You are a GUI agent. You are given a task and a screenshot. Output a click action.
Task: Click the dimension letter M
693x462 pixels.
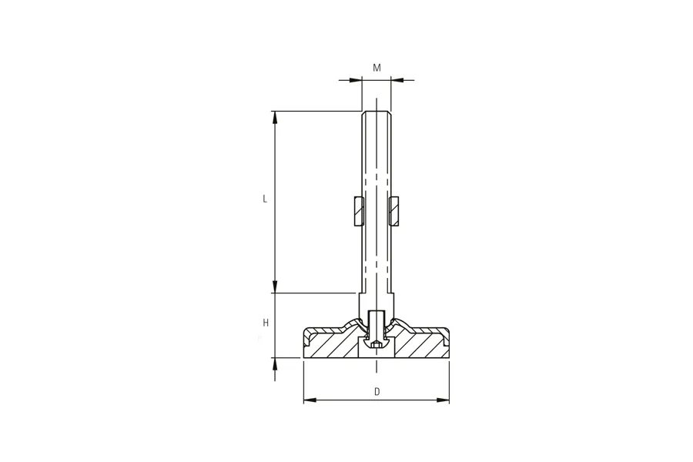click(x=377, y=68)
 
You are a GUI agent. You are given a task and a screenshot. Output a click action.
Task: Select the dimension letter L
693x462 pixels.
click(x=265, y=199)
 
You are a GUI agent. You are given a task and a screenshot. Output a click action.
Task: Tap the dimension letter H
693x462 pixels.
click(x=266, y=323)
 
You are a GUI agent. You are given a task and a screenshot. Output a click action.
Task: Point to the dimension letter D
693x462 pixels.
click(x=377, y=391)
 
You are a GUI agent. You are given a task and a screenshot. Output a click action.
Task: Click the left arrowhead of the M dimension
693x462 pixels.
click(x=355, y=80)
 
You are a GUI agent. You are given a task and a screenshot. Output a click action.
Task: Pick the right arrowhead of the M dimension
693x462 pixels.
click(x=397, y=80)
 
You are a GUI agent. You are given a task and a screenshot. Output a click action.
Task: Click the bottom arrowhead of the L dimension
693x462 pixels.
click(x=275, y=286)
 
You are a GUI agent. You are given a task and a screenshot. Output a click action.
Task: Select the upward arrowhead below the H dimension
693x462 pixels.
click(x=275, y=364)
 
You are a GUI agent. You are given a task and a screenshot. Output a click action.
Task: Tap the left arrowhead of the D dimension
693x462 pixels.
click(x=310, y=400)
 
